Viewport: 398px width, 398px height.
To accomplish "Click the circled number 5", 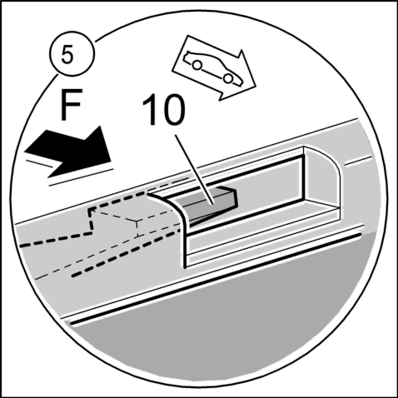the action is click(x=72, y=54).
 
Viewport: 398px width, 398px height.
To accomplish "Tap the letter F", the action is click(x=71, y=104).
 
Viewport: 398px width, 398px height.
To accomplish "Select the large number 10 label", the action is click(x=164, y=110).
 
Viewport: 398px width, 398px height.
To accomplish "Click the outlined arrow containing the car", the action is click(x=214, y=68).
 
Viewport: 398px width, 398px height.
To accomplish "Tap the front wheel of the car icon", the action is click(x=228, y=78).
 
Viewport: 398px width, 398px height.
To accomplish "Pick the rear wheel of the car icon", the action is click(x=197, y=65).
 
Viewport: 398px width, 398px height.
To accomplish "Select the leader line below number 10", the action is click(x=194, y=170).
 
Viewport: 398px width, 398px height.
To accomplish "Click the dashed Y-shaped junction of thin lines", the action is click(x=137, y=221).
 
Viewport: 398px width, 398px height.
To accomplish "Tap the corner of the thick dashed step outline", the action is click(x=90, y=209).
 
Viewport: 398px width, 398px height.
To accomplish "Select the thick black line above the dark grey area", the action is click(x=216, y=279).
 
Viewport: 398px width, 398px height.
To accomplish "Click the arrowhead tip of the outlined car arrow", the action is click(x=255, y=85).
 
